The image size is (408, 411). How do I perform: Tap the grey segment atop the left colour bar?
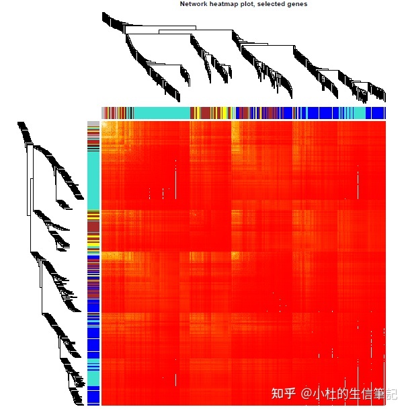pos(93,124)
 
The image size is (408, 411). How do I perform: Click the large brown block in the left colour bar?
pos(93,227)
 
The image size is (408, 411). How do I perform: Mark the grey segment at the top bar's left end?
pos(103,112)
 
